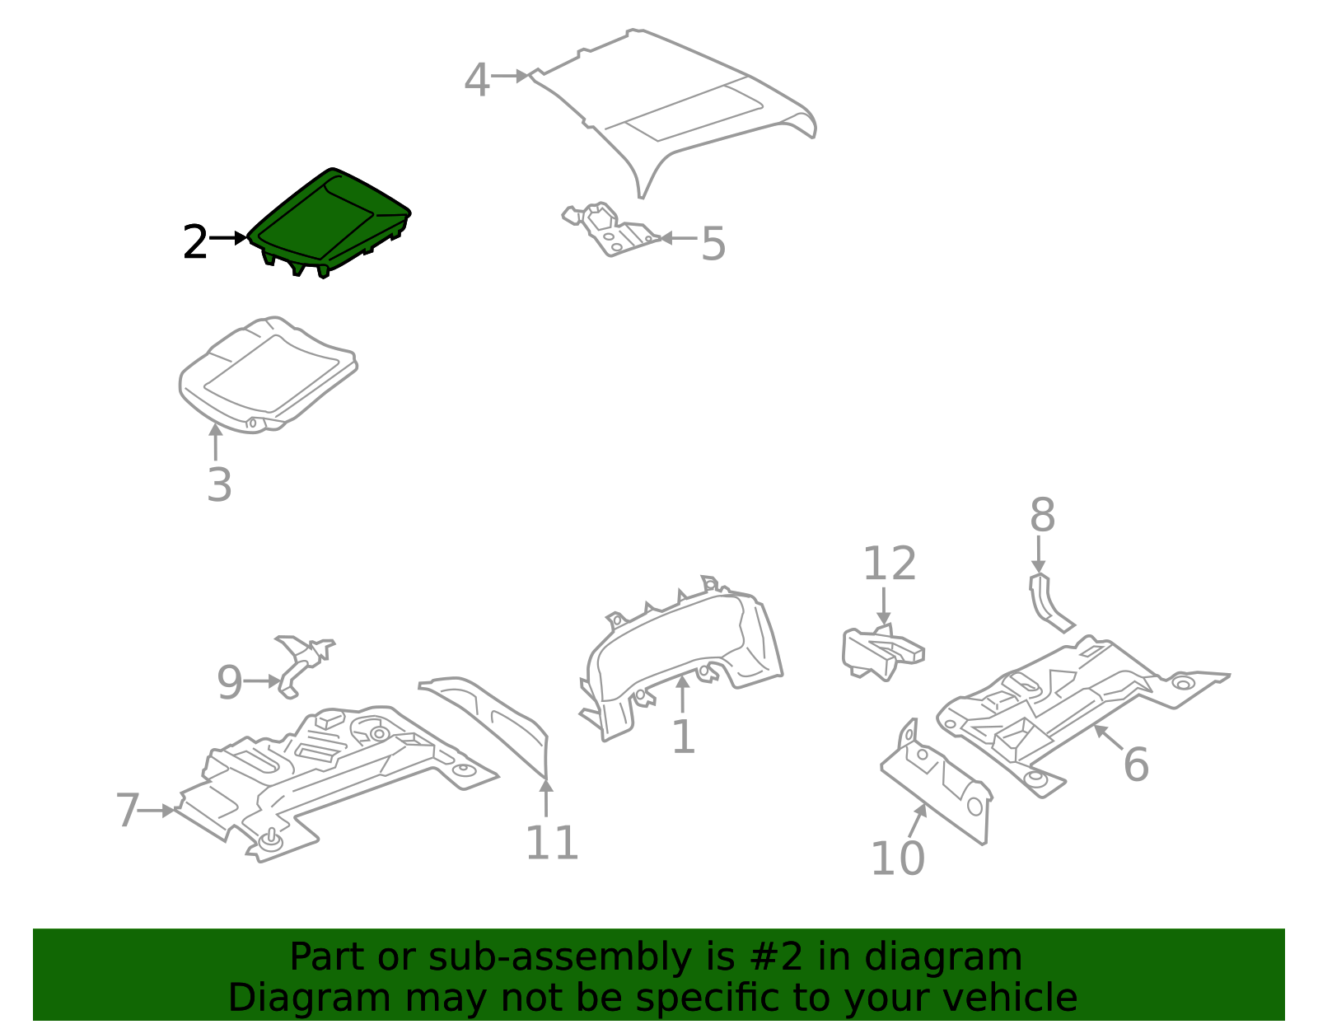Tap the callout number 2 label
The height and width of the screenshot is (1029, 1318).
(x=194, y=242)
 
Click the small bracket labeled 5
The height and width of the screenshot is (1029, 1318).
(x=610, y=231)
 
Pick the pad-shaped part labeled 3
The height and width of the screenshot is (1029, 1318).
(x=268, y=375)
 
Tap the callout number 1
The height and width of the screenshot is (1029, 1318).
(x=684, y=737)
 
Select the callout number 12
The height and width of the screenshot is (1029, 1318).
(x=889, y=564)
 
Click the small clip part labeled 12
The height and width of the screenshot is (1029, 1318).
(x=882, y=653)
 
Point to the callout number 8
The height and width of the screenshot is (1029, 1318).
(x=1043, y=515)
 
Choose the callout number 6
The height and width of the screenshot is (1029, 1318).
(x=1136, y=765)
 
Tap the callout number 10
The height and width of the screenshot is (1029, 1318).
(x=898, y=858)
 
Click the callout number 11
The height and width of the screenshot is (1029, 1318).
(x=551, y=843)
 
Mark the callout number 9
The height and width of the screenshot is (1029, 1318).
(x=230, y=683)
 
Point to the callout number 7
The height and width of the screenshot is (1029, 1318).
(x=128, y=810)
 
